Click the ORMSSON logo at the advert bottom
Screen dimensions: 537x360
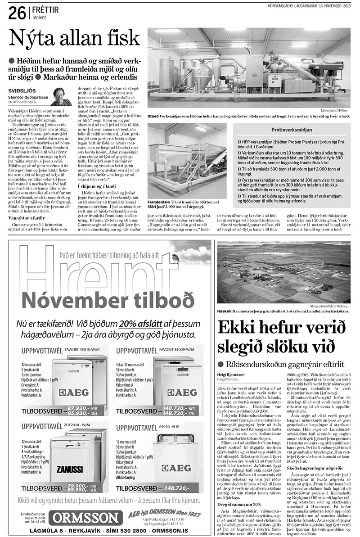point(85,516)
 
